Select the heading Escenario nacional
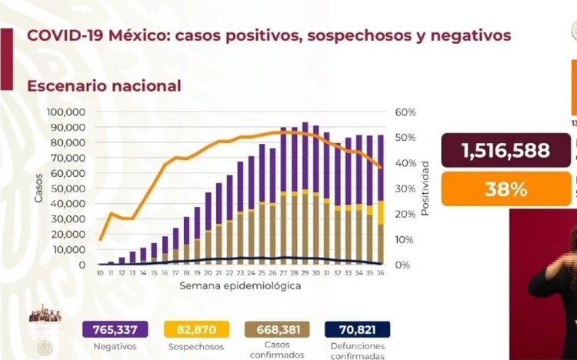pos(104,85)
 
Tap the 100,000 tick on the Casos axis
pos(66,112)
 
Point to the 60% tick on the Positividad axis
pos(405,112)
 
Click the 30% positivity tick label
pos(405,188)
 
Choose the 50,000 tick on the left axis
pos(69,188)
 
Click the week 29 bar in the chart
pos(305,193)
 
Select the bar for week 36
pos(381,200)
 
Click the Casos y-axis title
pos(38,188)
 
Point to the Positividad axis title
pos(425,188)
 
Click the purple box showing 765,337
pos(110,329)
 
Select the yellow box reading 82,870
pos(196,329)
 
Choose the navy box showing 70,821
pos(357,329)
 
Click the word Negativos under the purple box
pos(110,346)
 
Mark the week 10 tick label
pos(101,272)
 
